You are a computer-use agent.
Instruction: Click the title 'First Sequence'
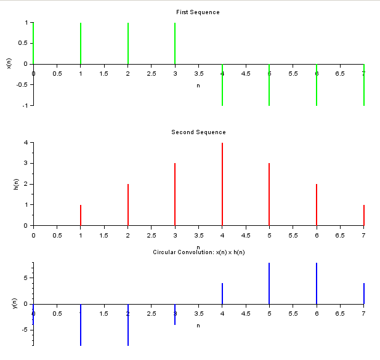pyautogui.click(x=198, y=12)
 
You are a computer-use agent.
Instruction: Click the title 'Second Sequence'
pyautogui.click(x=198, y=132)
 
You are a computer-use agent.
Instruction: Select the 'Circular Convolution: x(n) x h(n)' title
pyautogui.click(x=198, y=252)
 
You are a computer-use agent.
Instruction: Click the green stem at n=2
pyautogui.click(x=127, y=43)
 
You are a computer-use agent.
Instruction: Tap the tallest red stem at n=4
pyautogui.click(x=222, y=184)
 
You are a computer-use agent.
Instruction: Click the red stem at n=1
pyautogui.click(x=81, y=215)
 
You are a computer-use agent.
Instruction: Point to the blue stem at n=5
pyautogui.click(x=269, y=283)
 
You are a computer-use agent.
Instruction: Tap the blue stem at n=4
pyautogui.click(x=222, y=294)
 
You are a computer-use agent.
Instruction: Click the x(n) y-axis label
pyautogui.click(x=9, y=63)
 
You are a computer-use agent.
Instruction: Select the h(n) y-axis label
pyautogui.click(x=9, y=184)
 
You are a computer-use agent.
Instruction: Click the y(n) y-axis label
pyautogui.click(x=9, y=303)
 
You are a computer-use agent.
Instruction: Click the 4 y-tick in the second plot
pyautogui.click(x=26, y=143)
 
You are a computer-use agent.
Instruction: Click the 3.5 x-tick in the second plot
pyautogui.click(x=198, y=235)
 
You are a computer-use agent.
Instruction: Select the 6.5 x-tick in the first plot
pyautogui.click(x=340, y=74)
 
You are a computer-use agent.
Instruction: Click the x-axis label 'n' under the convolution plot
pyautogui.click(x=198, y=325)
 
